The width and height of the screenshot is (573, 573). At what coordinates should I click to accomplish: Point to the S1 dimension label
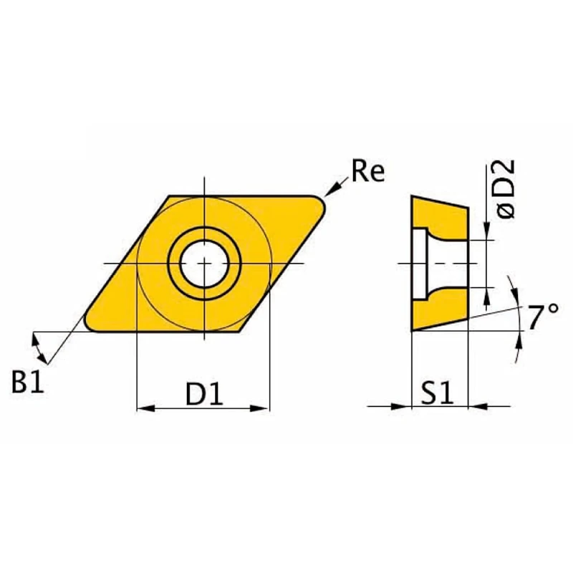click(x=438, y=393)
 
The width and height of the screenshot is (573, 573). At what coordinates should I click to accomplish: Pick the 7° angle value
click(x=543, y=317)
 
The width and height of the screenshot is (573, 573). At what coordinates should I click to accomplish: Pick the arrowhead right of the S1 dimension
click(x=476, y=407)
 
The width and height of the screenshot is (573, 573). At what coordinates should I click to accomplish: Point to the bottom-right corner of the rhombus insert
click(x=239, y=331)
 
